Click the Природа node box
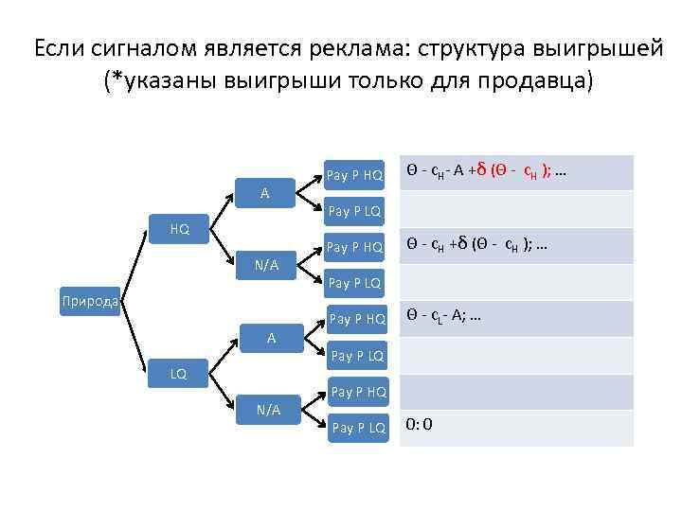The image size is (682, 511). (x=89, y=302)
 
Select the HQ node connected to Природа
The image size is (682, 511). (x=179, y=229)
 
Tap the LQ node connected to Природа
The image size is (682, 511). (x=179, y=374)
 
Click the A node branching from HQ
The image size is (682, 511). (x=265, y=193)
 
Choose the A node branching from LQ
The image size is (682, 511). (x=270, y=337)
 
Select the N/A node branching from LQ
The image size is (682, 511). (x=269, y=410)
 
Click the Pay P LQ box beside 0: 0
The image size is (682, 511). (x=358, y=428)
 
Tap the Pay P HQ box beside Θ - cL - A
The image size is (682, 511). (x=356, y=319)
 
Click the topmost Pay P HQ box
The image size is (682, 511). (x=354, y=174)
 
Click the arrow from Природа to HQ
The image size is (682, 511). (x=134, y=266)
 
